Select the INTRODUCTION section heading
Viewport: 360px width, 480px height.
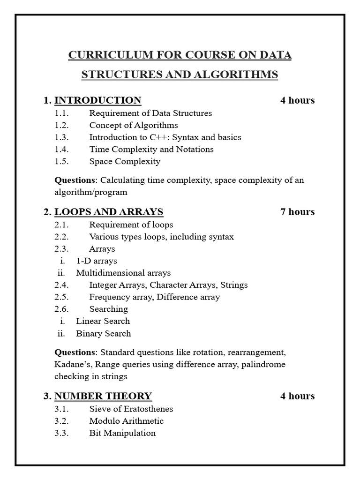(x=97, y=100)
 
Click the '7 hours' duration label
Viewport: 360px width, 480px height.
(x=297, y=212)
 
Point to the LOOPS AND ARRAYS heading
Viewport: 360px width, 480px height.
(x=109, y=212)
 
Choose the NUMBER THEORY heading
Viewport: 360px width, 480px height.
(x=103, y=396)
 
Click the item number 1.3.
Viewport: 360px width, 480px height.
(x=61, y=137)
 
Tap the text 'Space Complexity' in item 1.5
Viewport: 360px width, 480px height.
(x=125, y=161)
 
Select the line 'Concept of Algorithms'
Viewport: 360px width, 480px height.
(x=134, y=125)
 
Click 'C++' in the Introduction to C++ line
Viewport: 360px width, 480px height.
(x=160, y=137)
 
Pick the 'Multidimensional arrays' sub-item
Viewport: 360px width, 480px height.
(x=123, y=273)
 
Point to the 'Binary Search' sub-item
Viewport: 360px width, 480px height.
(x=103, y=334)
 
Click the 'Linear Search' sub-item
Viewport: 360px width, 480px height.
(x=103, y=321)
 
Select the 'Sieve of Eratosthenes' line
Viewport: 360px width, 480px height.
(x=131, y=409)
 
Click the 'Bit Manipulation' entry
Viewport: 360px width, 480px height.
(x=122, y=433)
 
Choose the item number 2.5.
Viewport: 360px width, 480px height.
(x=61, y=297)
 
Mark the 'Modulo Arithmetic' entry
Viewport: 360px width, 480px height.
(x=126, y=421)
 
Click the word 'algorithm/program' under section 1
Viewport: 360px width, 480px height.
(x=90, y=192)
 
